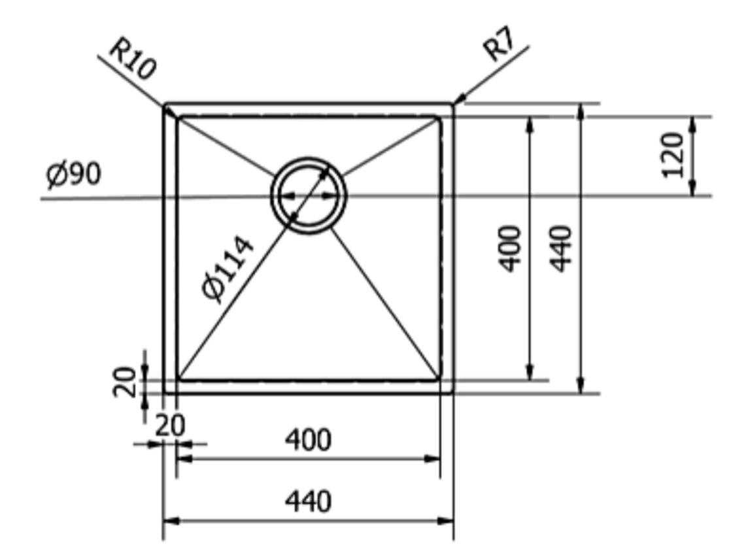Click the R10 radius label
coord(132,59)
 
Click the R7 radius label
coord(500,44)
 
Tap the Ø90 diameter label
coord(73,175)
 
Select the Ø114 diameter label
coord(228,270)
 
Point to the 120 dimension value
coord(673,155)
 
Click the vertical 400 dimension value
coord(510,248)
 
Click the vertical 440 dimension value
coord(560,248)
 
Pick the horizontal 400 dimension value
coord(308,440)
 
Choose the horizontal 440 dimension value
coord(308,501)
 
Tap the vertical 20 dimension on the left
coord(125,382)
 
